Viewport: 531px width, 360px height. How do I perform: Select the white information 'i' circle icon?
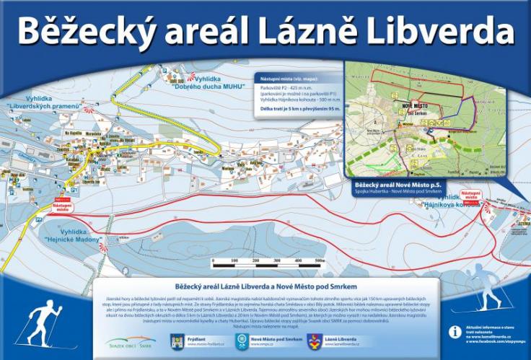455,332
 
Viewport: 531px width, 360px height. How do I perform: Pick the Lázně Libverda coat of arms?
313,340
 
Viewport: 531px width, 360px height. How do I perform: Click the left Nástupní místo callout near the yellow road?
62,205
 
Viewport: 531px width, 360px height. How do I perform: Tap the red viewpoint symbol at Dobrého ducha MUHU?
191,72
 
